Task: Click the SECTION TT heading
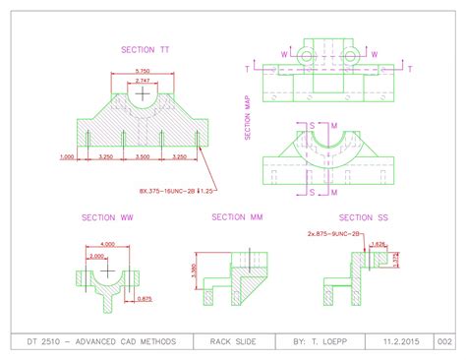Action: coord(145,48)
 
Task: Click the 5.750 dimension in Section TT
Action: coord(142,71)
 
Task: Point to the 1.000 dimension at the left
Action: coord(68,156)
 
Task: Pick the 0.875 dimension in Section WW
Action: coord(144,298)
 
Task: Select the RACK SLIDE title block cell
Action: coord(233,340)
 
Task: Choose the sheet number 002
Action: coord(444,340)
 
